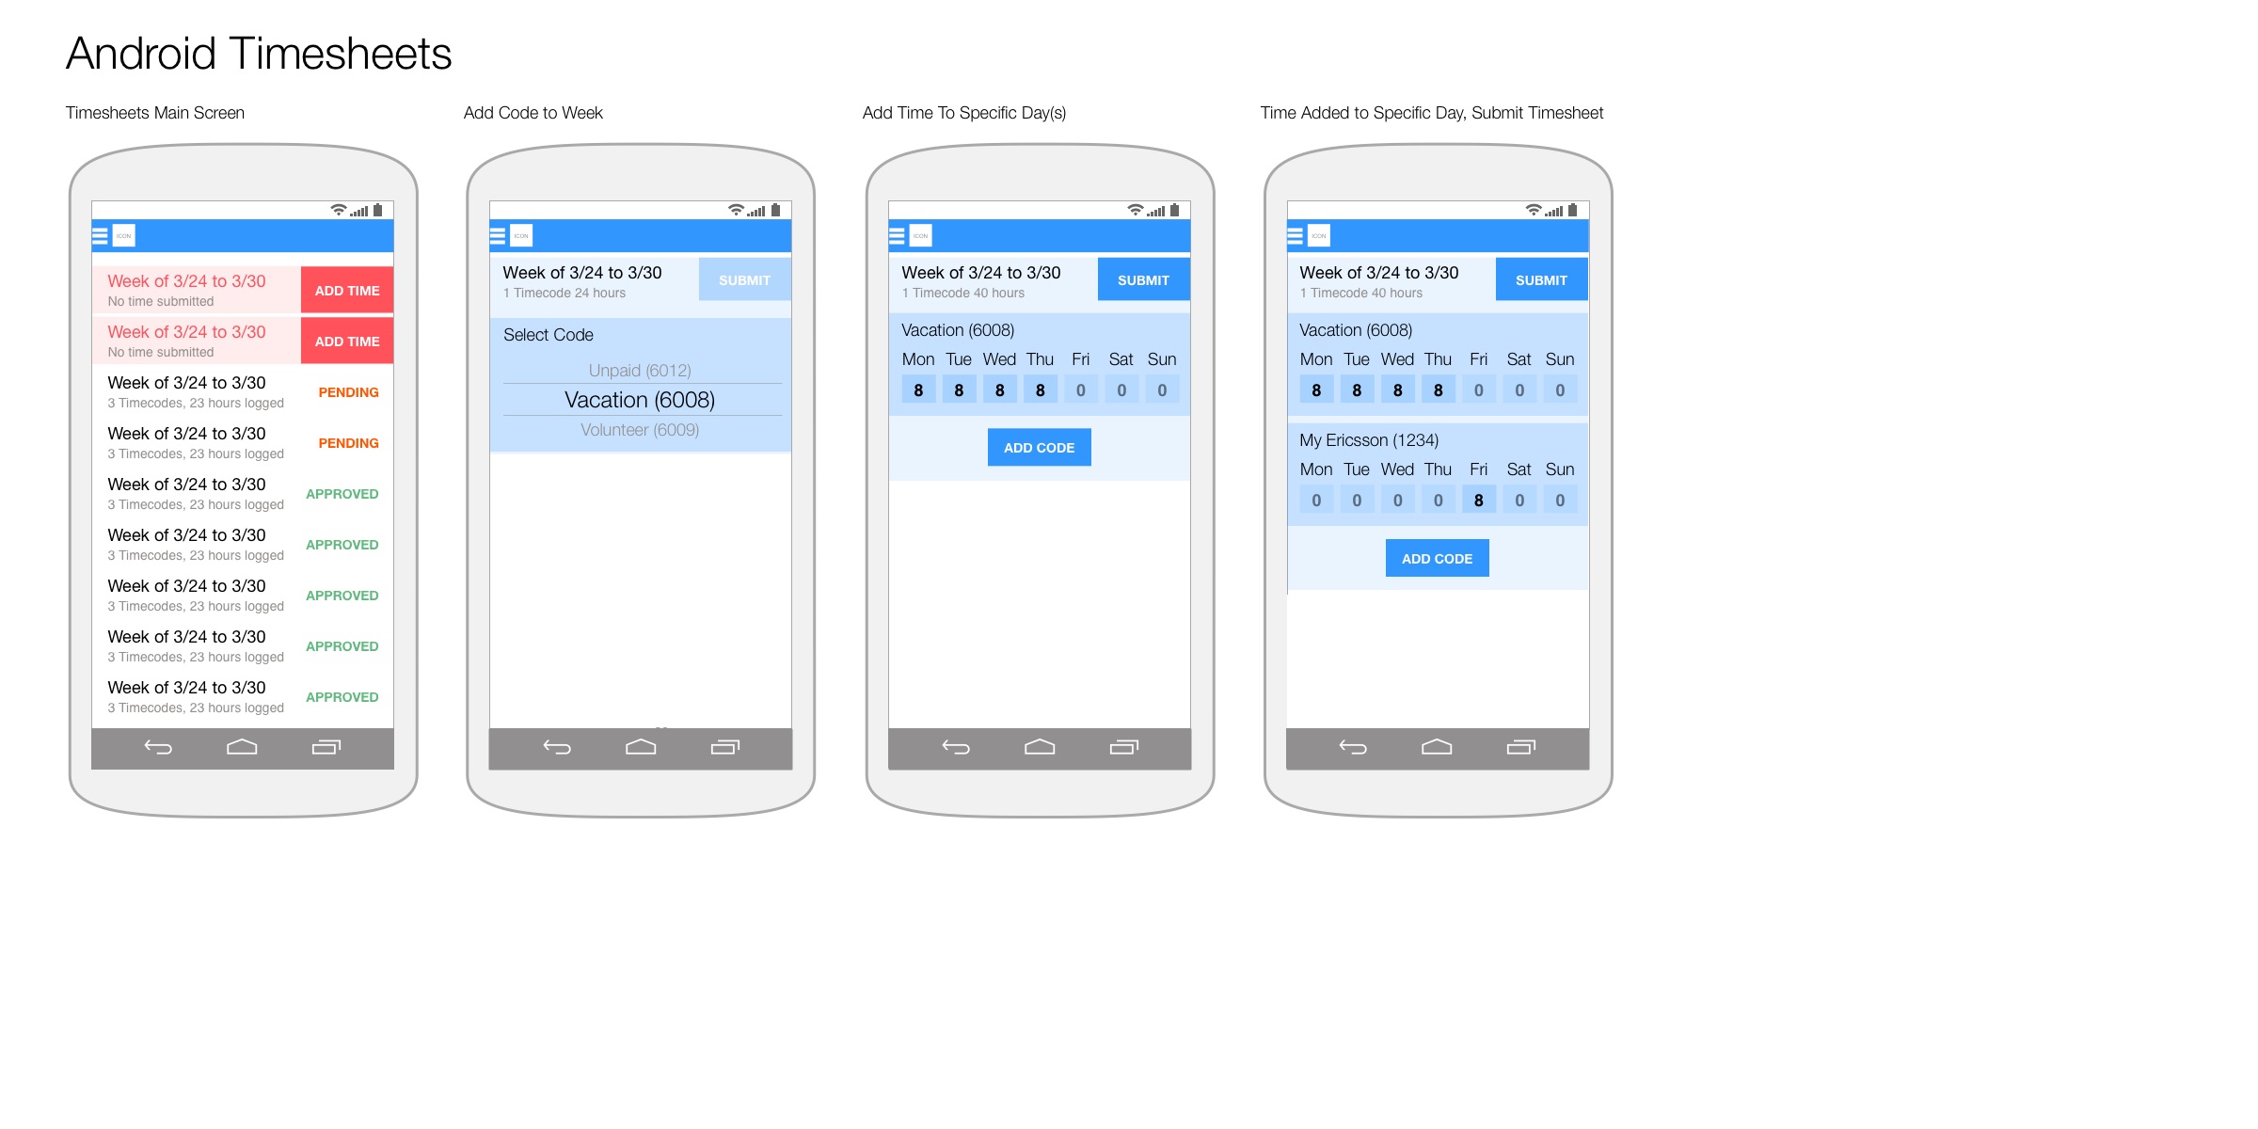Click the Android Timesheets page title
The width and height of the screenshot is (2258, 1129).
coord(259,54)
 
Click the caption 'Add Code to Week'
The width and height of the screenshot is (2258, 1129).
coord(533,113)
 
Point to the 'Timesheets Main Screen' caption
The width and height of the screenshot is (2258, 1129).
coord(155,113)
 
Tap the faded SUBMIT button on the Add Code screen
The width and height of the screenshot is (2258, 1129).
coord(744,280)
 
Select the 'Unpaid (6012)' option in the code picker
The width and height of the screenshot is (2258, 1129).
coord(640,371)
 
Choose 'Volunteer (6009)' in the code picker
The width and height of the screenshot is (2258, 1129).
coord(640,430)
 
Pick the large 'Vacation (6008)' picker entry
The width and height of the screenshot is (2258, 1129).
coord(640,400)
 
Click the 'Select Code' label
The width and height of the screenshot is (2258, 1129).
coord(549,335)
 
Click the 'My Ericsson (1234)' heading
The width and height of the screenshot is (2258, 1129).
coord(1369,440)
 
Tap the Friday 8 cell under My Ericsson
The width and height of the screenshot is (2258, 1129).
coord(1479,501)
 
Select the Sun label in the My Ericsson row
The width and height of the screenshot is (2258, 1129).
coord(1560,469)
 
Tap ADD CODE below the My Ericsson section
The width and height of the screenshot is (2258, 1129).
coord(1438,559)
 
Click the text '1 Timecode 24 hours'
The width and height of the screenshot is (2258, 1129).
coord(564,294)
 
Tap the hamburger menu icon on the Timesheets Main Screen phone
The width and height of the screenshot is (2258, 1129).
coord(100,235)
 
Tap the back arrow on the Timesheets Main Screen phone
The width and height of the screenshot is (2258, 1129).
coord(158,748)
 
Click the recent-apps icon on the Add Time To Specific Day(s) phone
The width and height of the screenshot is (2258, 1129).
coord(1124,747)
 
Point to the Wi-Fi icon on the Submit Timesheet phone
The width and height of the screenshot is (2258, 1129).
coord(1534,210)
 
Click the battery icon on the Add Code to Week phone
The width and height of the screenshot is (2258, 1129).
coord(775,210)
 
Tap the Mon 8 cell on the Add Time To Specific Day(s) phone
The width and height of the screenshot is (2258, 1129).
coord(918,390)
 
